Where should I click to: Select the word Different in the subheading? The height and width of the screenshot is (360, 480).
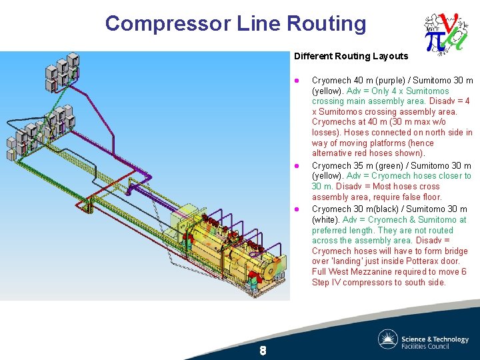tap(313, 57)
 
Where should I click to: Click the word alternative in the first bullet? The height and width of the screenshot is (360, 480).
tap(331, 153)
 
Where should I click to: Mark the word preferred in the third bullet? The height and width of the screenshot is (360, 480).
tap(330, 231)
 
